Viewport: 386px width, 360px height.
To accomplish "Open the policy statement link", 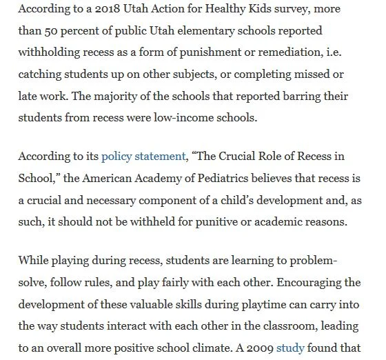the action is pos(143,157).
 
